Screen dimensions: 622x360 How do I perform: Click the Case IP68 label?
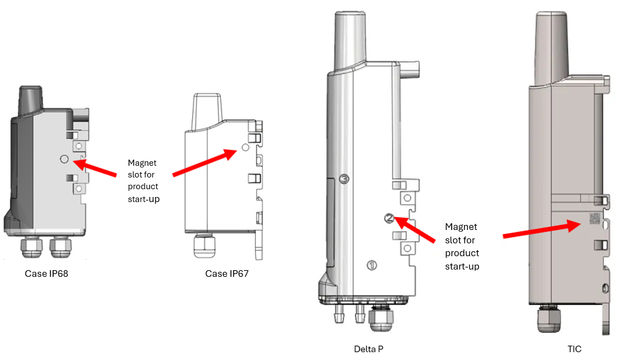46,274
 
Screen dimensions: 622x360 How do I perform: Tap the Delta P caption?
369,349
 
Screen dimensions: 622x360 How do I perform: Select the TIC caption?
574,349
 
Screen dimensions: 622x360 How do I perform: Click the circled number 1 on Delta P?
372,265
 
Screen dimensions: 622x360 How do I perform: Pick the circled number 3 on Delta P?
345,179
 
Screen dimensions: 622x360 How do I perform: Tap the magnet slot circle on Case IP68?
64,159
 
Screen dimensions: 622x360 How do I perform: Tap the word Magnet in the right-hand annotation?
461,227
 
